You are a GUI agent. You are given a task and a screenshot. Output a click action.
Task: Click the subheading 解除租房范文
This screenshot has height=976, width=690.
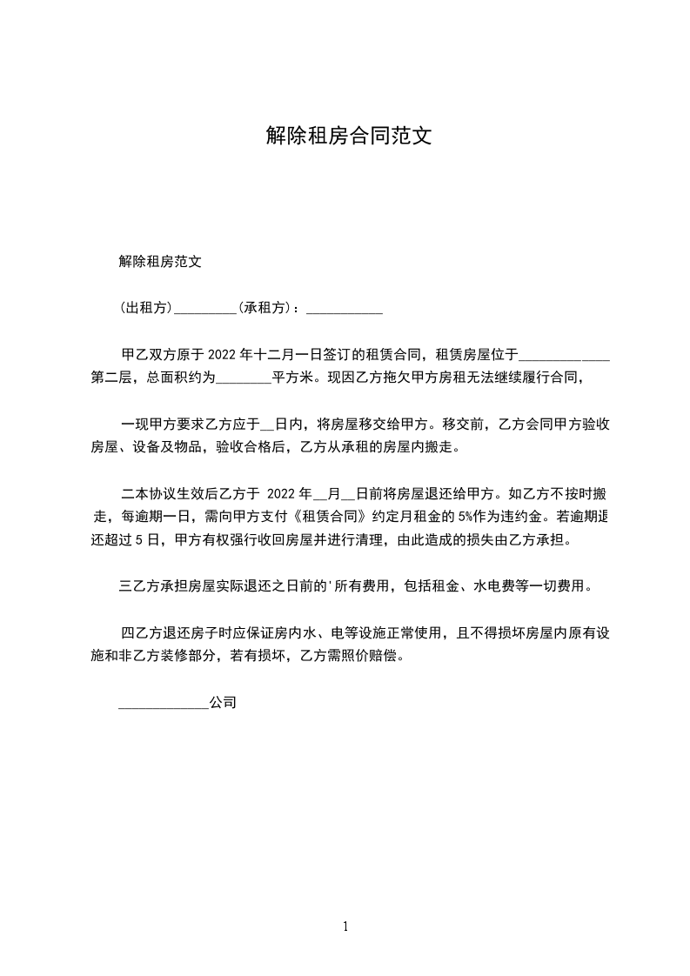[160, 261]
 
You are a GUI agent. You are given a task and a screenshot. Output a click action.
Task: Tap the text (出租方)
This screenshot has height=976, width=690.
[146, 308]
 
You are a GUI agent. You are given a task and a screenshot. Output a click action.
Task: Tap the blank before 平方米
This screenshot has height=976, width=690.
[243, 379]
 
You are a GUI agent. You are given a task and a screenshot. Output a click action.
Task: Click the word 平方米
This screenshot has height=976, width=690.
[294, 378]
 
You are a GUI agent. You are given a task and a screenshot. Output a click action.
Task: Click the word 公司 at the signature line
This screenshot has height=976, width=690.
[223, 701]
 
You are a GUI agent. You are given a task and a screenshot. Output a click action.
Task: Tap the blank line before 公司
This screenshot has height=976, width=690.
[164, 703]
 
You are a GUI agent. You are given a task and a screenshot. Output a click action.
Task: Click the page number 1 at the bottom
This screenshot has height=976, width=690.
[345, 926]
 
